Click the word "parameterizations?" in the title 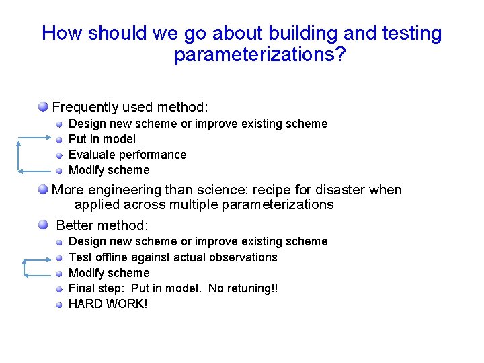(x=259, y=55)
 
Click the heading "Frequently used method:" (x=130, y=107)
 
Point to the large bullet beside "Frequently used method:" (x=43, y=106)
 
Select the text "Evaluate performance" (x=128, y=155)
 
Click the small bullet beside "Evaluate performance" (x=60, y=155)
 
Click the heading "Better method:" (x=102, y=225)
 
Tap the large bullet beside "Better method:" (x=43, y=225)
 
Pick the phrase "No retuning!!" (x=243, y=288)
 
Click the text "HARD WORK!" (x=108, y=304)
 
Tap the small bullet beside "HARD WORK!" (x=60, y=304)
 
